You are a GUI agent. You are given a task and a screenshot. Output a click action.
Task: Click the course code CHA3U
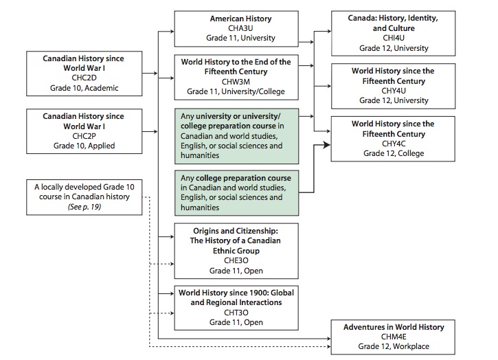tap(240, 28)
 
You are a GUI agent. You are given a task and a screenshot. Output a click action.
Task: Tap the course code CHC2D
tap(84, 78)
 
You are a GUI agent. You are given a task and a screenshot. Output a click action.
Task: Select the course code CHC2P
tap(84, 136)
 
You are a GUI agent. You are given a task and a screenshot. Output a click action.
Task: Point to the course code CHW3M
tap(236, 82)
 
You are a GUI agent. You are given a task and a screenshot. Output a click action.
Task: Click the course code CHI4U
tap(394, 38)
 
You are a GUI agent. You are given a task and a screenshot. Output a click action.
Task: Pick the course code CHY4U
tap(394, 91)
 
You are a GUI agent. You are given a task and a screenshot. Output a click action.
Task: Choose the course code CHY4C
tap(394, 144)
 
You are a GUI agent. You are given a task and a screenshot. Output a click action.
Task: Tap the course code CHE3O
tap(236, 260)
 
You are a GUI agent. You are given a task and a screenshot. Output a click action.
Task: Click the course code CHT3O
tap(236, 313)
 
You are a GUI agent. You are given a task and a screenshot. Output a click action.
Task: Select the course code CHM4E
tap(394, 337)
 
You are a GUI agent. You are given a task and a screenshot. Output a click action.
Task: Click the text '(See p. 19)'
tap(84, 207)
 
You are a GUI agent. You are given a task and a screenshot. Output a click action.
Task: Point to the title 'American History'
tap(240, 19)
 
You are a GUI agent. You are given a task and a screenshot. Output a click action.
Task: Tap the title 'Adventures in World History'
tap(394, 327)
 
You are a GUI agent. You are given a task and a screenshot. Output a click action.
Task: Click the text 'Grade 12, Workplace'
tap(394, 346)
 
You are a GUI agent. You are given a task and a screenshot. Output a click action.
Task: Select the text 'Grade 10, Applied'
tap(84, 146)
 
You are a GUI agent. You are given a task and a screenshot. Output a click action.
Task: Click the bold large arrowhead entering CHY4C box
tap(327, 145)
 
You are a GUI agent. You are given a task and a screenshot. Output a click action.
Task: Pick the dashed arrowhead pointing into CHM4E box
tap(329, 346)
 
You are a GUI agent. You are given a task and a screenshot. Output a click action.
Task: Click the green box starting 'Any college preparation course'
tap(236, 193)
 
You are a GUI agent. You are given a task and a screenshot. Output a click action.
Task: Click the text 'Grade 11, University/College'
tap(236, 91)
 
